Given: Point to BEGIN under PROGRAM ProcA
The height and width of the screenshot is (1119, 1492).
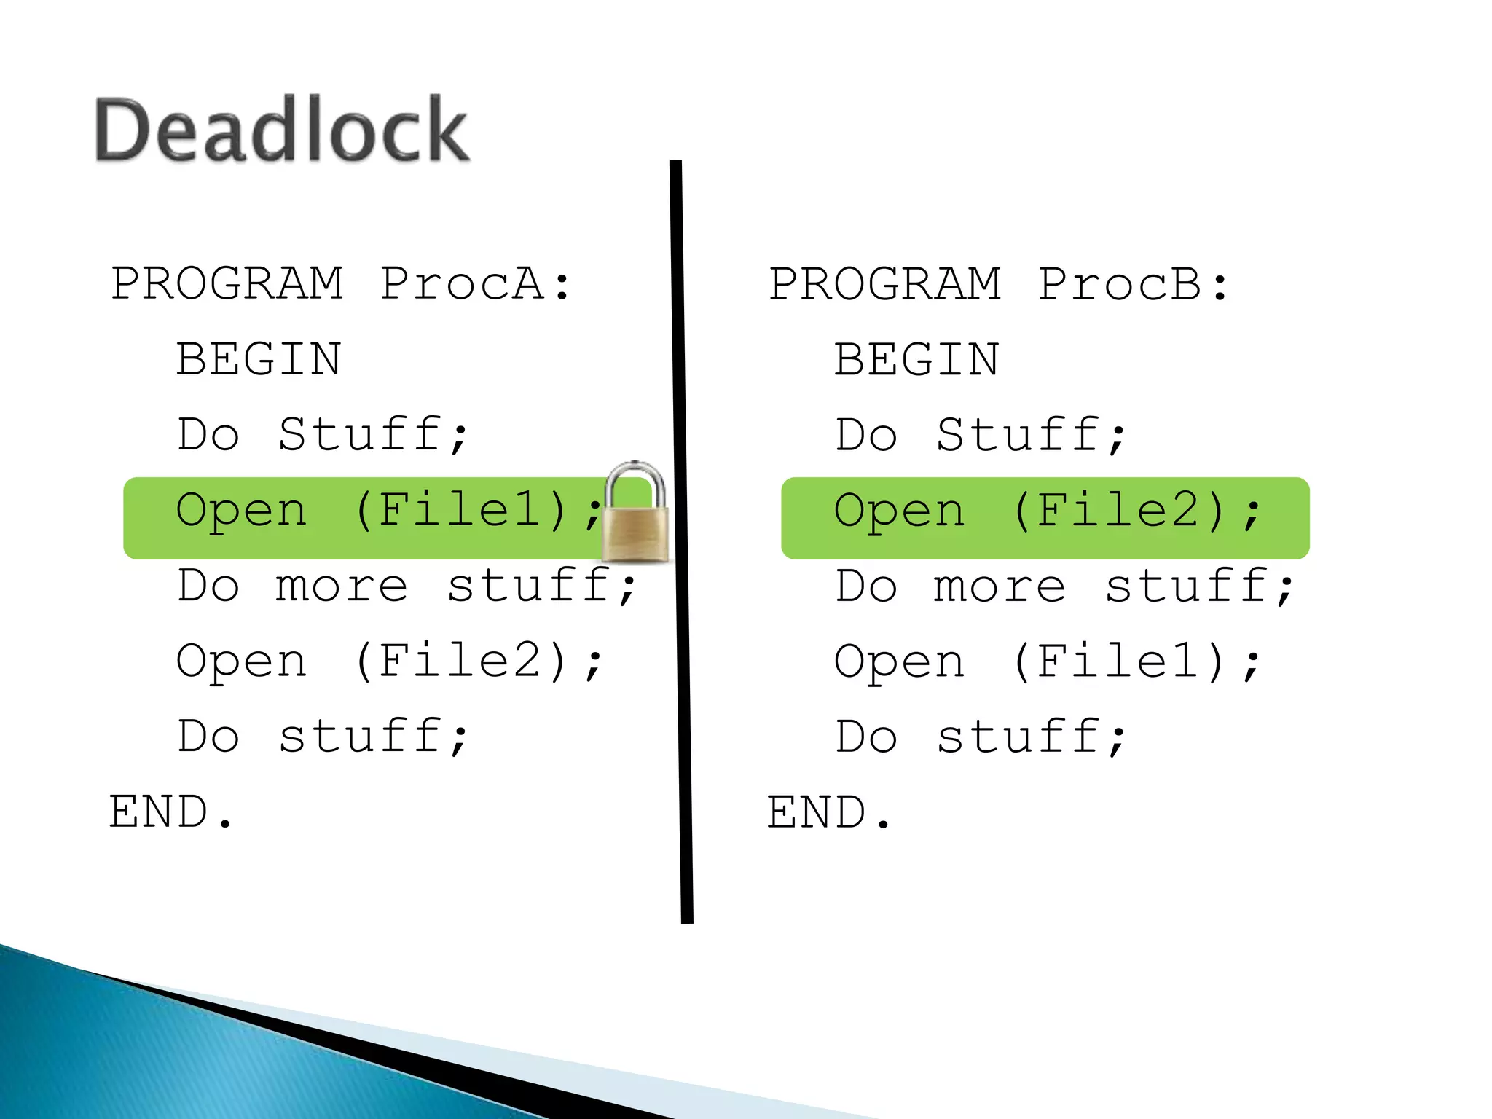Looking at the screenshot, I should pos(259,359).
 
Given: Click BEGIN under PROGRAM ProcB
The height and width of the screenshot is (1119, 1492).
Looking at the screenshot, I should pos(916,359).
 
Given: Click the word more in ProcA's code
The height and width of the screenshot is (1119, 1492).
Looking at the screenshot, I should pos(341,586).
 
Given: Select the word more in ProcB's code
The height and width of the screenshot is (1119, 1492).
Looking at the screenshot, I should pos(999,586).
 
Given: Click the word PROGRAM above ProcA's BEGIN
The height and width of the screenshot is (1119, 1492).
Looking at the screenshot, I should pos(227,283).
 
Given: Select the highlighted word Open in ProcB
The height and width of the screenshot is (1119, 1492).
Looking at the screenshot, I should pos(900,511).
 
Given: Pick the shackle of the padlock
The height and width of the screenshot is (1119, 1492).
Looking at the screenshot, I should pos(636,481).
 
